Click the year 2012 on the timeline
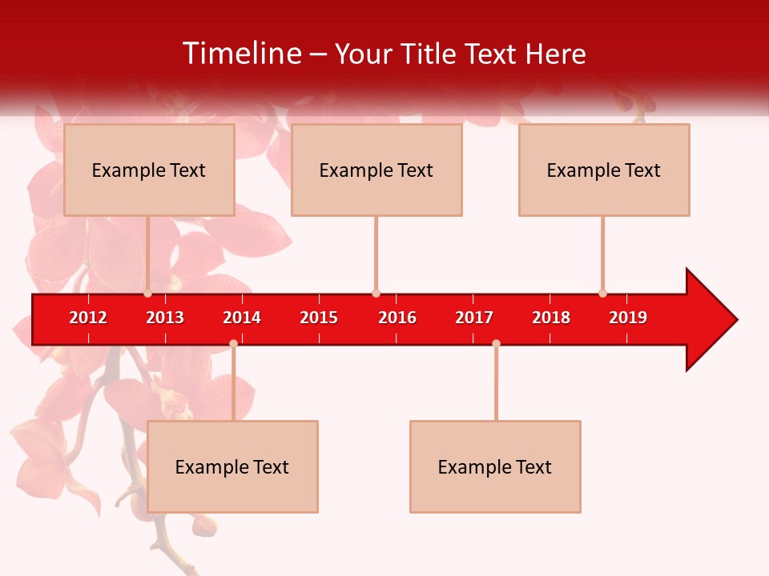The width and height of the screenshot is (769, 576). click(x=88, y=318)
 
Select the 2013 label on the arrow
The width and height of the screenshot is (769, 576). click(x=165, y=318)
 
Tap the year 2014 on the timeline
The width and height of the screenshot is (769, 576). click(x=242, y=318)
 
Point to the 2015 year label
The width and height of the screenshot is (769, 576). click(x=319, y=318)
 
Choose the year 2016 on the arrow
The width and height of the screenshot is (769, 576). click(x=397, y=318)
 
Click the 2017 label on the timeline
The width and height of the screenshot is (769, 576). click(x=474, y=318)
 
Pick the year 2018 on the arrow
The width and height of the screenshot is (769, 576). click(x=551, y=318)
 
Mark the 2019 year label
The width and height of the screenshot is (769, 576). click(x=628, y=318)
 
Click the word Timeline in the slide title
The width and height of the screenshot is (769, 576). click(x=241, y=54)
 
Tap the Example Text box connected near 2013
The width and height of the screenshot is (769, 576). click(x=149, y=170)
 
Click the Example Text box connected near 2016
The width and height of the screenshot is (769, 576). click(x=376, y=170)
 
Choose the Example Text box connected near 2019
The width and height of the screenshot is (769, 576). click(x=604, y=170)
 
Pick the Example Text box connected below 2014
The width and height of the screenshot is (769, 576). click(x=232, y=466)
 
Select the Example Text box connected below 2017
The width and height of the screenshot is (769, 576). click(x=495, y=466)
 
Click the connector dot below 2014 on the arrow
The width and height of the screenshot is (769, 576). click(x=233, y=344)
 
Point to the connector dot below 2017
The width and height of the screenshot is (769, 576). click(x=496, y=344)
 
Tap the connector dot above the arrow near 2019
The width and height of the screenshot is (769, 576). click(x=602, y=293)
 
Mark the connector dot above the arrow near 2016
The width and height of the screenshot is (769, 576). click(x=376, y=293)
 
